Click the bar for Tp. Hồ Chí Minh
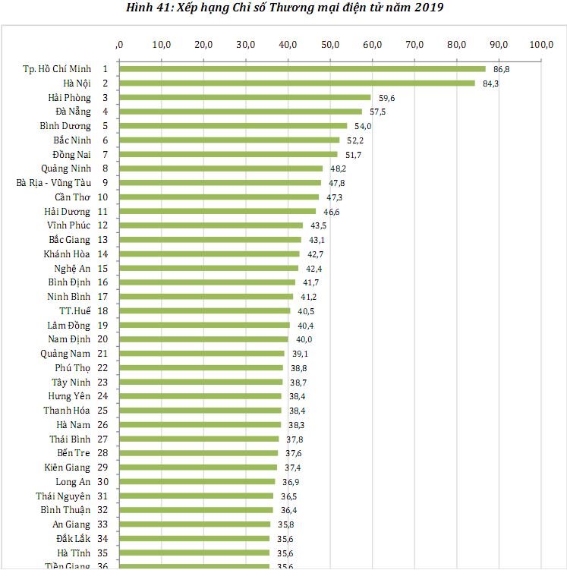coord(302,69)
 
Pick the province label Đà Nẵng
coord(73,112)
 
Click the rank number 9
coord(105,183)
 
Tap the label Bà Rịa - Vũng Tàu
coord(53,183)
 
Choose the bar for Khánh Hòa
coord(209,254)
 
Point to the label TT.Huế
coord(75,311)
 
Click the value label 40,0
coord(304,340)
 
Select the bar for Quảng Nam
coord(201,354)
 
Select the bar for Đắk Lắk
coord(194,539)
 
